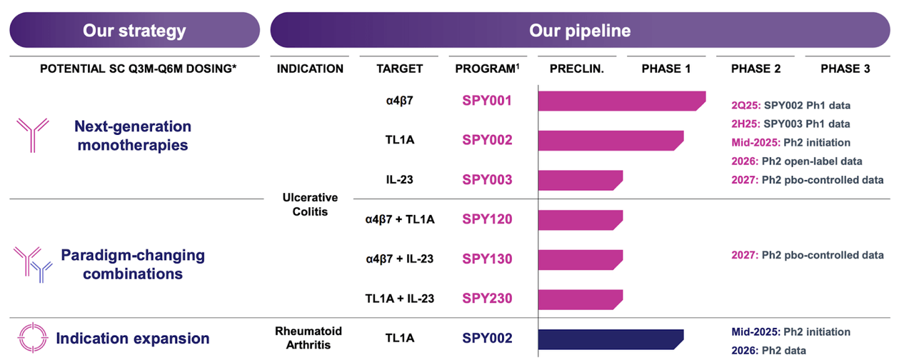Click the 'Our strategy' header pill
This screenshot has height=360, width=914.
click(134, 31)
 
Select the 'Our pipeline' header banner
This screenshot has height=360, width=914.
click(580, 31)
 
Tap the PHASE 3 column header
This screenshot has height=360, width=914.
click(845, 69)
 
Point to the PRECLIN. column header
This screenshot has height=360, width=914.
click(577, 69)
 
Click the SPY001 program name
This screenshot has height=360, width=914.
click(487, 101)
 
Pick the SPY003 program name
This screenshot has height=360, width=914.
click(487, 179)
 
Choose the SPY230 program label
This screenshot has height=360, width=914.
click(487, 298)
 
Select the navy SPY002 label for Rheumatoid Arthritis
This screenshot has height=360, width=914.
click(487, 339)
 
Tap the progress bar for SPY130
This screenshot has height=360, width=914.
click(579, 259)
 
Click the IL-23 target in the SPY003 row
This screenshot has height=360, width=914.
click(399, 179)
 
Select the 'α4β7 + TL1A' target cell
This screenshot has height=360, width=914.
click(399, 219)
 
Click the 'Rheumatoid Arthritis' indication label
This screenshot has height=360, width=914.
click(309, 339)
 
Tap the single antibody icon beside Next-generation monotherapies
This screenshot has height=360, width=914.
click(33, 135)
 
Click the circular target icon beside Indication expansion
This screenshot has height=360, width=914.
click(32, 339)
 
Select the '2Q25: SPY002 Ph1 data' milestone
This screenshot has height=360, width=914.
click(790, 106)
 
